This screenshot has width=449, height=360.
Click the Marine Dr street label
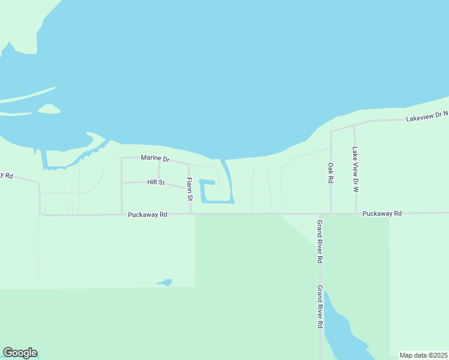coord(155,158)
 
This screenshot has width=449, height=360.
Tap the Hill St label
coord(155,182)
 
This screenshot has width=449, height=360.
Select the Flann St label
coord(188,189)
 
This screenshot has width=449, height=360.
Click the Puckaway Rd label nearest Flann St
coord(147,214)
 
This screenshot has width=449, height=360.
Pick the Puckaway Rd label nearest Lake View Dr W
coord(382,213)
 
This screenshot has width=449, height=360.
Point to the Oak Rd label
coord(330,173)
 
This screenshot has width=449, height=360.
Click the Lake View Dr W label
coord(355,169)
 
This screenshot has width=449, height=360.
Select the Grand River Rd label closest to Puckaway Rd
coord(320,242)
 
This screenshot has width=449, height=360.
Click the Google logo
coord(20,353)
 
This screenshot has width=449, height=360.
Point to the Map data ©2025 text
coord(423,355)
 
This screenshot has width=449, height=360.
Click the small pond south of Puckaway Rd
coord(164,282)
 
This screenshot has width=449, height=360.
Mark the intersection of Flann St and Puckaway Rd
coord(190,214)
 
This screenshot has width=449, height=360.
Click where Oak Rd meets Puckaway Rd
coord(331,213)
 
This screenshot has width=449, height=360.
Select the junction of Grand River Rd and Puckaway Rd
coord(320,214)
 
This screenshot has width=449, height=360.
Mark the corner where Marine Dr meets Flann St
coord(189,163)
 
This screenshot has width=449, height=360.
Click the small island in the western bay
coord(49,109)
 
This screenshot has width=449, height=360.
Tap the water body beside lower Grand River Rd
coord(339,333)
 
